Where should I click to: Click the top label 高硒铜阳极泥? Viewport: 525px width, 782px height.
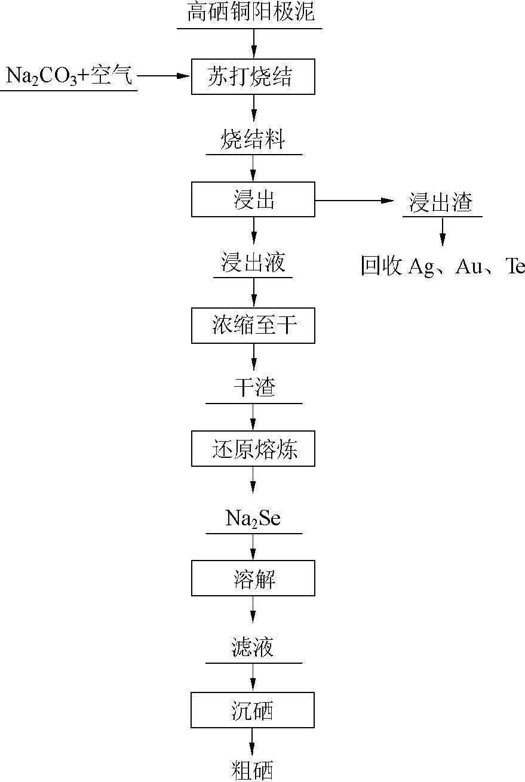[x=250, y=13]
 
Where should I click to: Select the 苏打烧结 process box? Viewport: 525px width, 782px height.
[x=253, y=76]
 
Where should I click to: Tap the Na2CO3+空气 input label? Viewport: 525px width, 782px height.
[x=69, y=76]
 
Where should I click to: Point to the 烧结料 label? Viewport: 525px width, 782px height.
[x=253, y=141]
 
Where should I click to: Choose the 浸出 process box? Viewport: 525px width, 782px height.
[x=253, y=200]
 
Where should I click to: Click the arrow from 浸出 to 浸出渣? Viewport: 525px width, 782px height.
[x=355, y=201]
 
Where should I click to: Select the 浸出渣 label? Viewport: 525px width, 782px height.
[x=441, y=202]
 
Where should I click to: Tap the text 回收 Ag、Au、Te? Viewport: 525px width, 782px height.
[x=442, y=266]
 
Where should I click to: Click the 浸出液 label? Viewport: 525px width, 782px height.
[x=253, y=263]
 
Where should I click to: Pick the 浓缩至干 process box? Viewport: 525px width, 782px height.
[x=253, y=326]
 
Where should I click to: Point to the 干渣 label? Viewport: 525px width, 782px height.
[x=254, y=389]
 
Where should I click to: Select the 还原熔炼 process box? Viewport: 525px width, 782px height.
[x=253, y=449]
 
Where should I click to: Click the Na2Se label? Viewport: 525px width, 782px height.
[x=253, y=518]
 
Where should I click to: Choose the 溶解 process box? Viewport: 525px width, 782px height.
[x=253, y=578]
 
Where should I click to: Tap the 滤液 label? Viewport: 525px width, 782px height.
[x=253, y=648]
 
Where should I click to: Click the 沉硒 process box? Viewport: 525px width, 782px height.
[x=253, y=710]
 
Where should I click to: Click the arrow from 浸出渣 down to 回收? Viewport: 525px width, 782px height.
[x=442, y=232]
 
